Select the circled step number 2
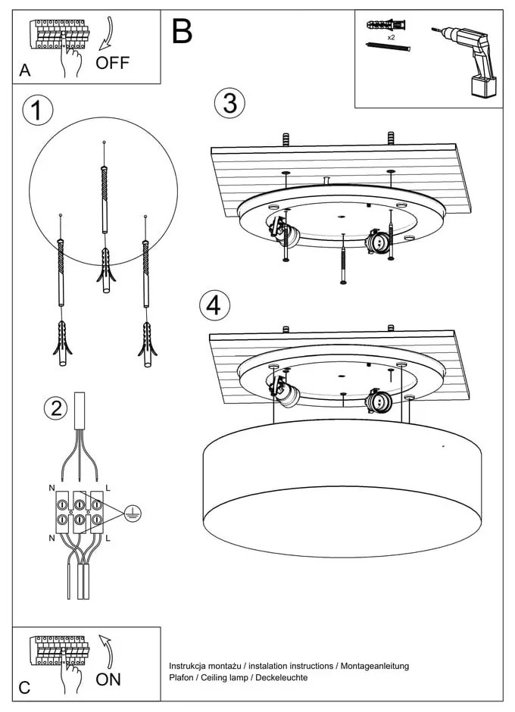tap(55, 408)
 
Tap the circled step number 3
tap(229, 102)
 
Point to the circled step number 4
tap(214, 305)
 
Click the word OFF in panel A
tap(112, 63)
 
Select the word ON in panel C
tap(108, 679)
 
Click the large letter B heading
tap(182, 31)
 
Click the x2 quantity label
tap(391, 36)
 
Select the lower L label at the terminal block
tap(108, 538)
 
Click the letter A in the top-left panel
tap(25, 71)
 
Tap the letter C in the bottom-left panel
tap(24, 688)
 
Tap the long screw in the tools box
tap(388, 48)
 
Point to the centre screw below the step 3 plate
tap(344, 258)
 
